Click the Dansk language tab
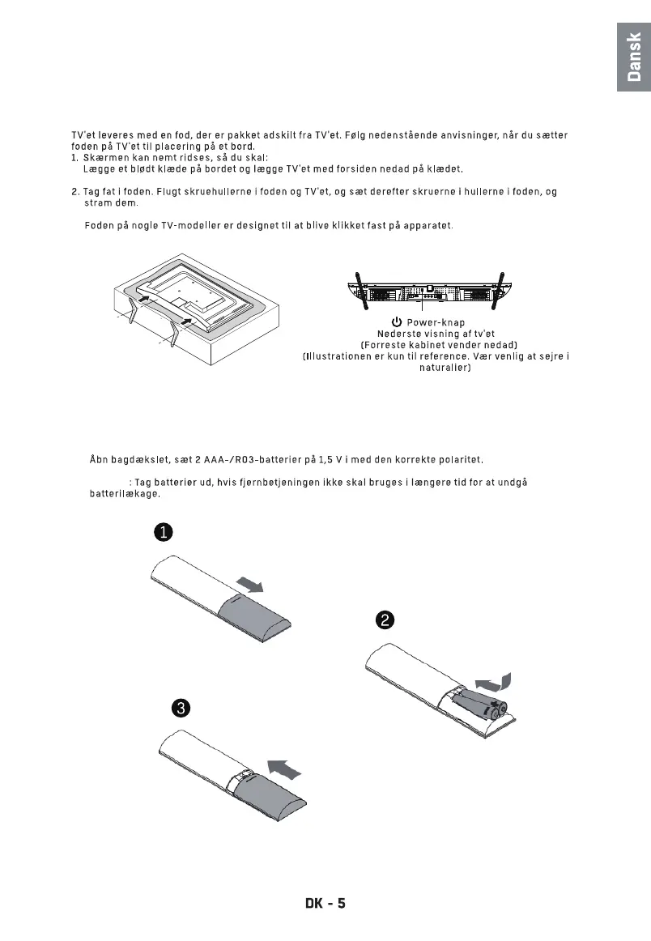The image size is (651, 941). [x=634, y=57]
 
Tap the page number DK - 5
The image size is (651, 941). [x=319, y=902]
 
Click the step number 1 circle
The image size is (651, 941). [x=163, y=532]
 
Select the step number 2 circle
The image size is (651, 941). [x=384, y=620]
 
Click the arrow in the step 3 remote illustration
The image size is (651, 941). [x=285, y=765]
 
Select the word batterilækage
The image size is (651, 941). [x=125, y=493]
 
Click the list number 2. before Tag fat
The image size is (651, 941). [x=75, y=192]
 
